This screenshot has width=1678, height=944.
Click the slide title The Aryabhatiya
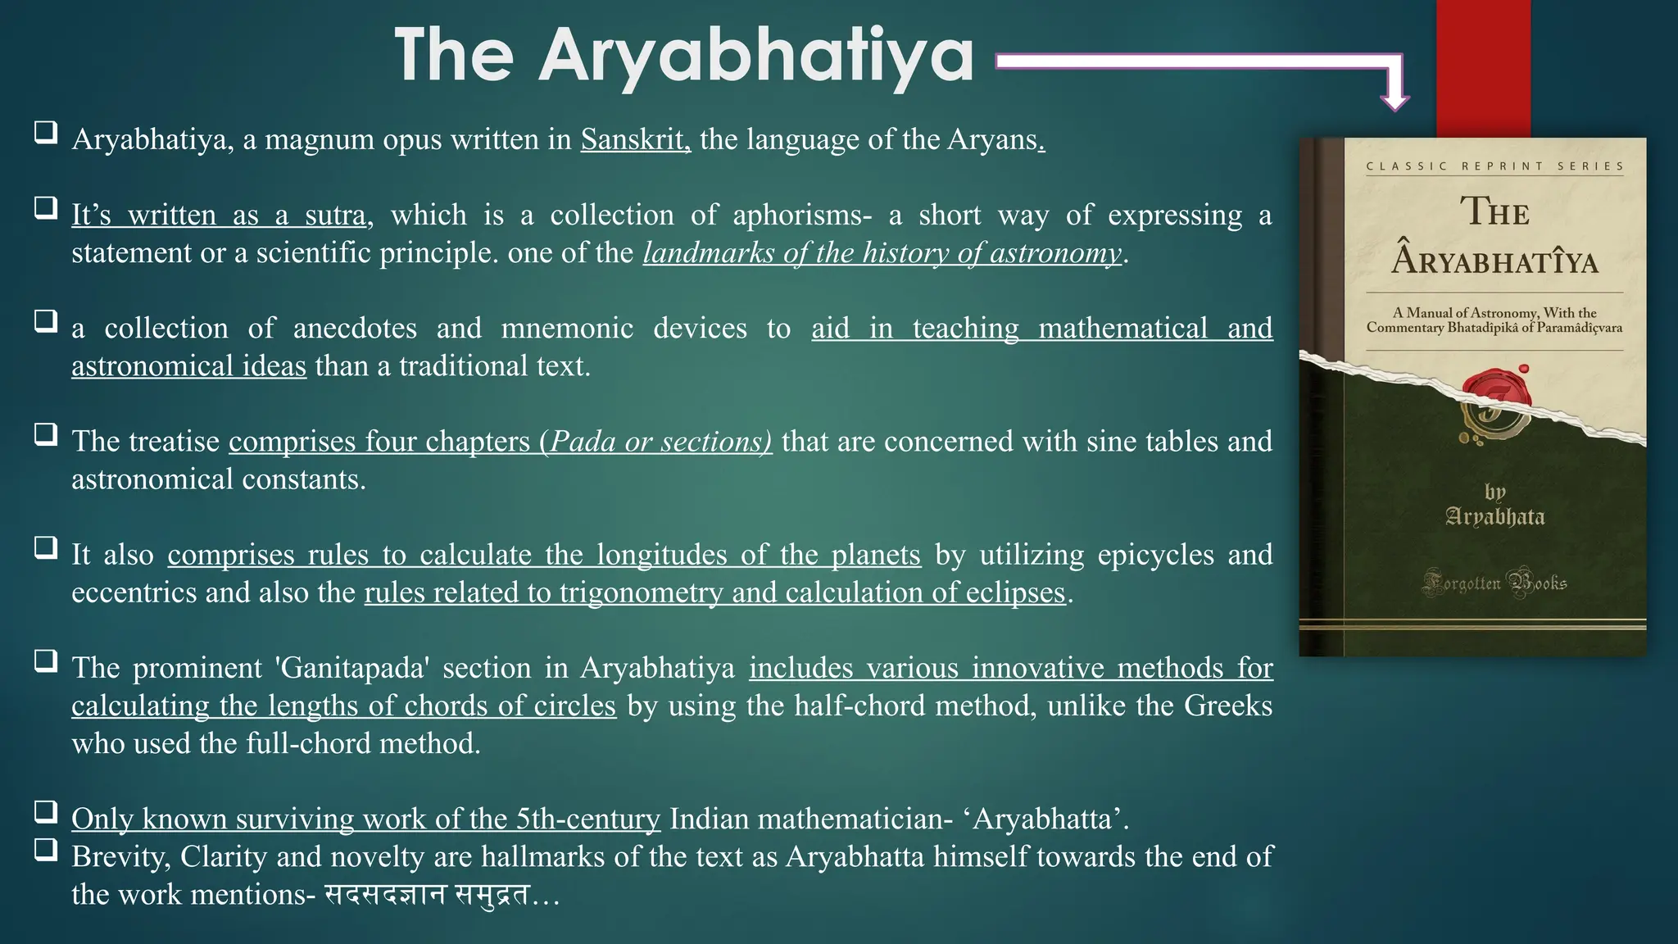[683, 56]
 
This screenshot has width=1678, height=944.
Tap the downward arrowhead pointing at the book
[1395, 99]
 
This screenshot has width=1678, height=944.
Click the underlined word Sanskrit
[635, 139]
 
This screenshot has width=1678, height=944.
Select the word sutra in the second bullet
[334, 215]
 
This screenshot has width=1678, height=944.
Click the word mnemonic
[567, 328]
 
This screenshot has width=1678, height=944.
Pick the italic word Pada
[583, 442]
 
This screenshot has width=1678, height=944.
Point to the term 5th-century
[587, 819]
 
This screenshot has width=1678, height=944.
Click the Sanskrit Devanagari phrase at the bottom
[427, 894]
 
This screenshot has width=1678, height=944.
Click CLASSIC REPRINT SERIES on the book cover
[1494, 166]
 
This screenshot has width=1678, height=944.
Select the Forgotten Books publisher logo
[1494, 583]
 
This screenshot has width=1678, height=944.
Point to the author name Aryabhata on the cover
[1494, 517]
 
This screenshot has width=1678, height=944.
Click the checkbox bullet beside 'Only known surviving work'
[46, 812]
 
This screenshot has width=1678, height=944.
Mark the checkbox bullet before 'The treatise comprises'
[46, 434]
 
